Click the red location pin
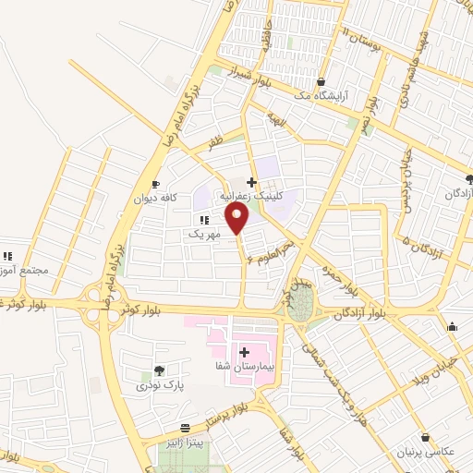(x=238, y=218)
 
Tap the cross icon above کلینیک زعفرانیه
(x=250, y=182)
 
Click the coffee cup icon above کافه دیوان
(x=154, y=183)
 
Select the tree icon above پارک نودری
(x=159, y=370)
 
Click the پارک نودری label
(x=155, y=383)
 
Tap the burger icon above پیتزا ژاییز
(x=186, y=428)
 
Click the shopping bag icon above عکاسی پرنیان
(x=425, y=438)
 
